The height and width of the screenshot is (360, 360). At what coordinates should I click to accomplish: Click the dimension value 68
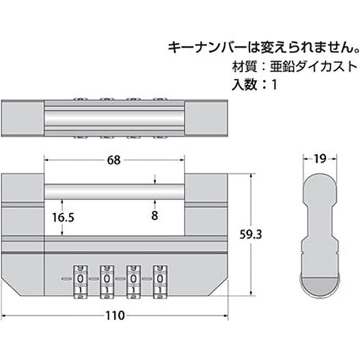(114, 161)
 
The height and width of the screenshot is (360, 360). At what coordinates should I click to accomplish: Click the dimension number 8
(154, 216)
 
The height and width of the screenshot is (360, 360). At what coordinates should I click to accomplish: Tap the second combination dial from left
(107, 280)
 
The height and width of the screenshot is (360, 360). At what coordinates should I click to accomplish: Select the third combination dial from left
(133, 280)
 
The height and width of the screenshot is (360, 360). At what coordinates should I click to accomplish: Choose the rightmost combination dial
(160, 280)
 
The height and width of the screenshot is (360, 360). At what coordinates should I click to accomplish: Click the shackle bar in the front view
(115, 191)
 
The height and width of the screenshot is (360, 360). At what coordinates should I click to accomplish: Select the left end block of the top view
(23, 117)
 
